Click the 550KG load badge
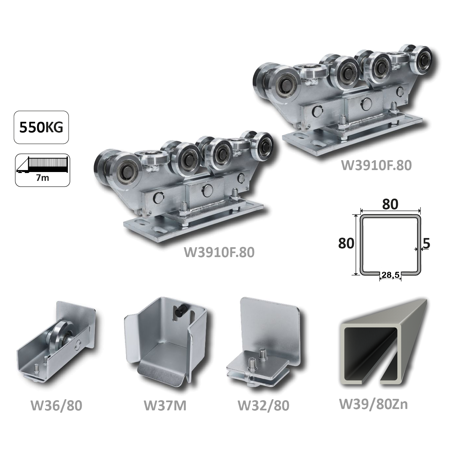(x=41, y=127)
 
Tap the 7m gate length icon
(x=42, y=170)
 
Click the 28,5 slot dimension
(x=390, y=275)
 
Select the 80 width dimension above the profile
(x=390, y=204)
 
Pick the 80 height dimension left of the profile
(x=346, y=243)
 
